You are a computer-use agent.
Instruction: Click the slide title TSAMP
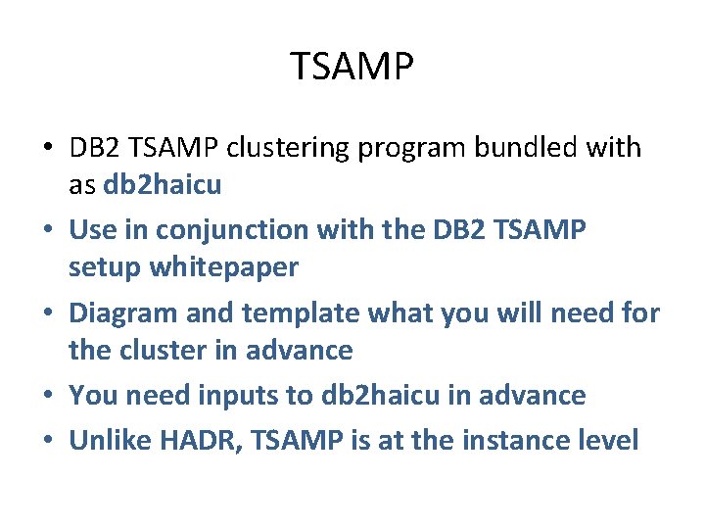click(352, 68)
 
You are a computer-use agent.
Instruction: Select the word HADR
click(211, 441)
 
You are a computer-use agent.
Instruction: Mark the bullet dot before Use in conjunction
click(48, 231)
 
